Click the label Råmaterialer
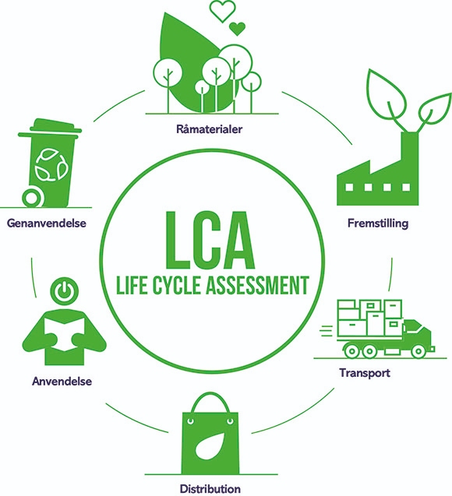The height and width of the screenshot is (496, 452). (x=209, y=129)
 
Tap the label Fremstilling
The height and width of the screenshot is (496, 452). (x=378, y=223)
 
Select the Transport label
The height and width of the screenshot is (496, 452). (x=365, y=373)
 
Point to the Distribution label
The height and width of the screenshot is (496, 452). (x=210, y=489)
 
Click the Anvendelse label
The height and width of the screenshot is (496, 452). (x=62, y=382)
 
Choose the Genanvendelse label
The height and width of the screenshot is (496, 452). (x=47, y=223)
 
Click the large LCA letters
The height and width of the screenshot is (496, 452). (x=210, y=240)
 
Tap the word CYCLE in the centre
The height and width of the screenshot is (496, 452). (x=177, y=285)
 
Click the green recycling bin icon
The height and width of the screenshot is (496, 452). (x=52, y=163)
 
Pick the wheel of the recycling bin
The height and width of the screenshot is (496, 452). (x=32, y=198)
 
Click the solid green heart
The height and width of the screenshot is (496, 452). (x=237, y=29)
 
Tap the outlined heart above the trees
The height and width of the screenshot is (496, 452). (x=223, y=11)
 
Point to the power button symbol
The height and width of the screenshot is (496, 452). (x=64, y=290)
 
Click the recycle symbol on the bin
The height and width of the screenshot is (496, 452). (x=51, y=165)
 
